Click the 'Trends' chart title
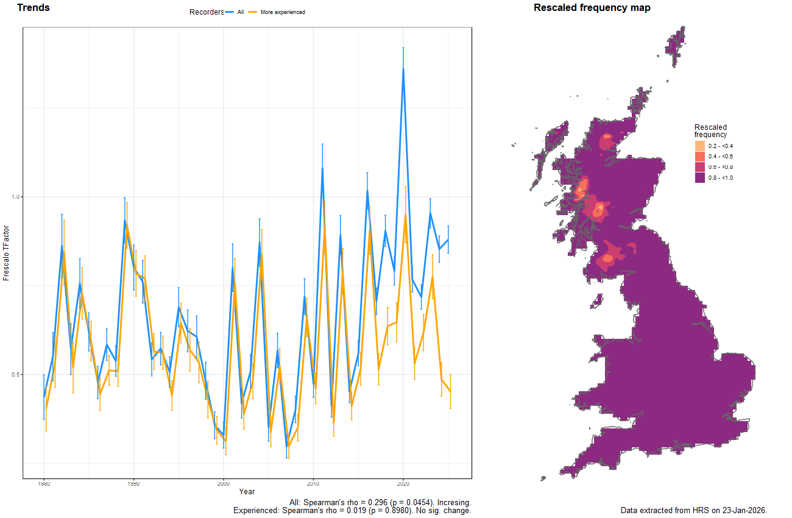tap(34, 8)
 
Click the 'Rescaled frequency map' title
tap(592, 8)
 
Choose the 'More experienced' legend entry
tap(282, 12)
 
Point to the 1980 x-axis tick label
tap(44, 483)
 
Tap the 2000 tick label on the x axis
tap(224, 483)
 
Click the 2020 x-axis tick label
tap(403, 483)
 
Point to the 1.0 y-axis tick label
tap(16, 197)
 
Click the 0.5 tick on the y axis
tap(16, 375)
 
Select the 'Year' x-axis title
tap(247, 491)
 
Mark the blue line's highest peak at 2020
tap(403, 68)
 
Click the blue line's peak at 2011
tap(322, 168)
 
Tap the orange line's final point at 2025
tap(450, 392)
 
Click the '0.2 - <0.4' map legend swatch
tap(700, 146)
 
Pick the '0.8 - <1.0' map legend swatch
tap(700, 177)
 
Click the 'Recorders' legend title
tap(207, 12)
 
